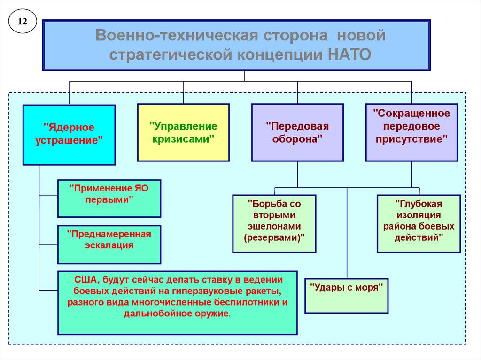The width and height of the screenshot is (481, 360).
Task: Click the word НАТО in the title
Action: pyautogui.click(x=348, y=54)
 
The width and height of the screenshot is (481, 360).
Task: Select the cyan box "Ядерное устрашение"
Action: pyautogui.click(x=69, y=135)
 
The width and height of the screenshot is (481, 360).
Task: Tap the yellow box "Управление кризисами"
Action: pyautogui.click(x=183, y=132)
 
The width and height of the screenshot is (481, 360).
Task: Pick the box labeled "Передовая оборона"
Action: pyautogui.click(x=297, y=132)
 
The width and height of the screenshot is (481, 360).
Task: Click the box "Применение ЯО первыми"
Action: pyautogui.click(x=109, y=198)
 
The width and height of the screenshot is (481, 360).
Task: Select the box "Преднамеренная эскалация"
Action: pyautogui.click(x=109, y=244)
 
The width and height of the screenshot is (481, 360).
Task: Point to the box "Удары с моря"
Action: pyautogui.click(x=346, y=296)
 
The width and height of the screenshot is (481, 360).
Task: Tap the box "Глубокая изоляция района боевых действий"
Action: pyautogui.click(x=418, y=223)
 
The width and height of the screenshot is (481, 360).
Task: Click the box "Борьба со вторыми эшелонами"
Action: pyautogui.click(x=274, y=223)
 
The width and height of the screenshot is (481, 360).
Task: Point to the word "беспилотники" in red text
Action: pyautogui.click(x=253, y=302)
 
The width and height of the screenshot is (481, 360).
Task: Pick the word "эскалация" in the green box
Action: pyautogui.click(x=109, y=245)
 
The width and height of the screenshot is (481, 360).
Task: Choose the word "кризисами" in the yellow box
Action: pyautogui.click(x=183, y=139)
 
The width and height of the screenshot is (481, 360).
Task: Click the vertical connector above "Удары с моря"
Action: pyautogui.click(x=347, y=235)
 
